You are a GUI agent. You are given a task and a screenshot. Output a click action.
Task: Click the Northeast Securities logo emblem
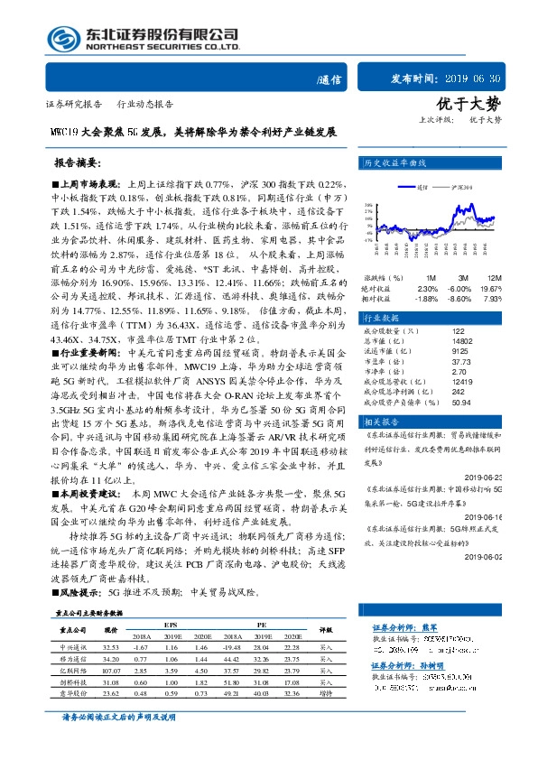pos(61,38)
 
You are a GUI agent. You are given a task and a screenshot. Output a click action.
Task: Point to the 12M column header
pos(493,277)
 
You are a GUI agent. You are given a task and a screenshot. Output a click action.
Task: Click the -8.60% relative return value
pos(461,298)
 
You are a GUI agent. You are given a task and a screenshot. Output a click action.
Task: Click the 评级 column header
pos(326,630)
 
